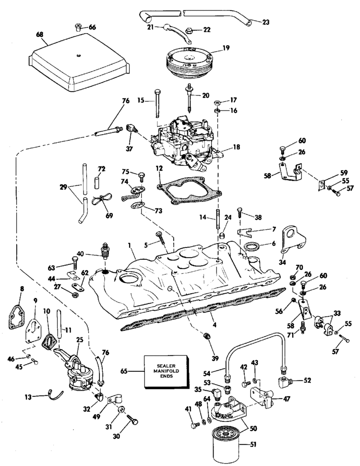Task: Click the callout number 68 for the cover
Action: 39,35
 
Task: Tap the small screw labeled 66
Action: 78,28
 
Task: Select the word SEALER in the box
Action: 166,366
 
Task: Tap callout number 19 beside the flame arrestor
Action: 226,48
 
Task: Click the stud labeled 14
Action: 218,219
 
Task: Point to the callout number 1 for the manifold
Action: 130,246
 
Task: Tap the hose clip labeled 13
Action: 56,395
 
